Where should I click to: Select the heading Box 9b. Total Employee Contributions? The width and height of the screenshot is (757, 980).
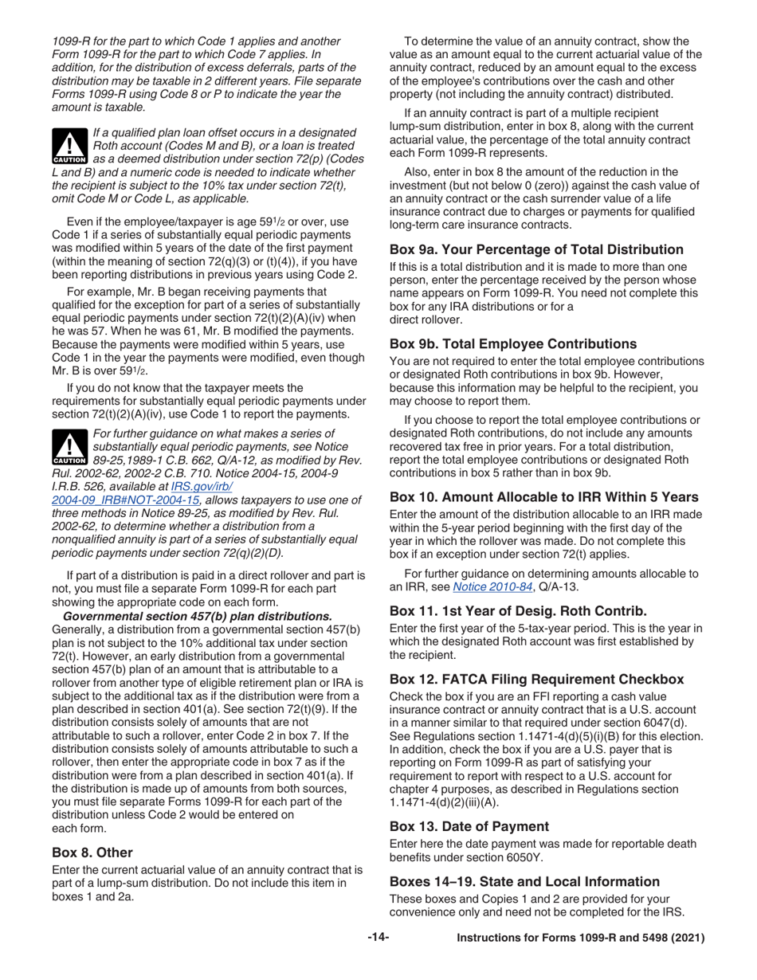[524, 344]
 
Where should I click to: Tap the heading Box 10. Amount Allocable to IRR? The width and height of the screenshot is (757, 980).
[543, 496]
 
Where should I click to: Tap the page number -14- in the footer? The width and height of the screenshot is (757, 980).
[378, 939]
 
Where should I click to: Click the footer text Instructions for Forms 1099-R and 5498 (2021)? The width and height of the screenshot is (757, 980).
[580, 939]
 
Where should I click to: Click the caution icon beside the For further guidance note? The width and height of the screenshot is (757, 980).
[70, 447]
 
